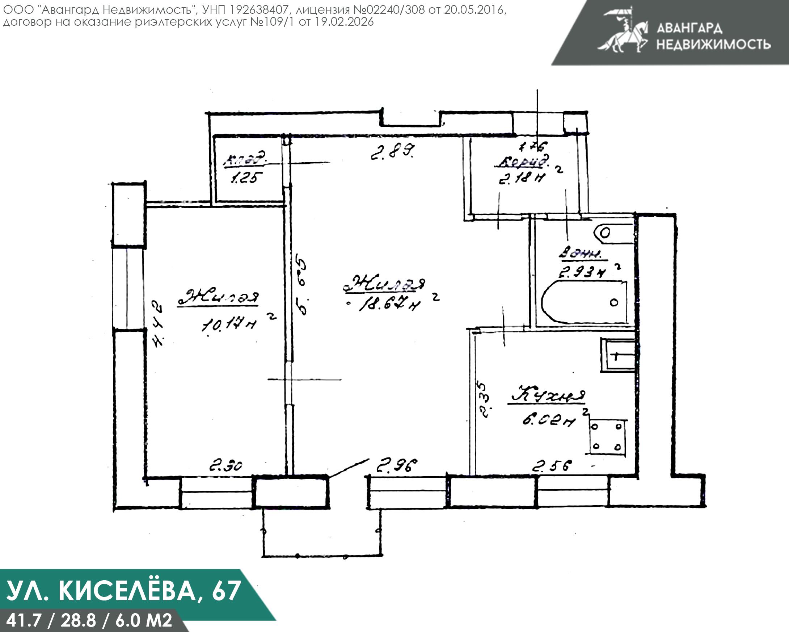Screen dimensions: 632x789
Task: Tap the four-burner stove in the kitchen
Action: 607,436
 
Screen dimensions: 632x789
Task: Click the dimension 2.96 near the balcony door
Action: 397,466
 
